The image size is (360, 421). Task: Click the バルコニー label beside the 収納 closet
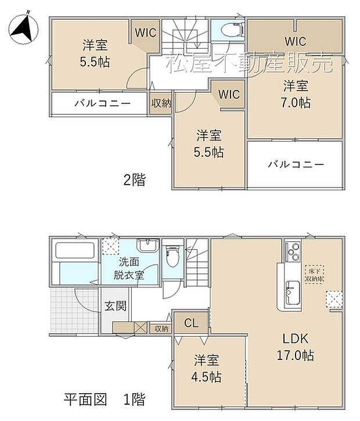pyautogui.click(x=102, y=104)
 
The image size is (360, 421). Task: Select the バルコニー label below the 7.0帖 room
pyautogui.click(x=296, y=164)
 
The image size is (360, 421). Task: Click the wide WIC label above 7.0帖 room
pyautogui.click(x=296, y=41)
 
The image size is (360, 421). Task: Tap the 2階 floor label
pyautogui.click(x=134, y=180)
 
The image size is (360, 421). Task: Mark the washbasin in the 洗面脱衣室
pyautogui.click(x=148, y=245)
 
